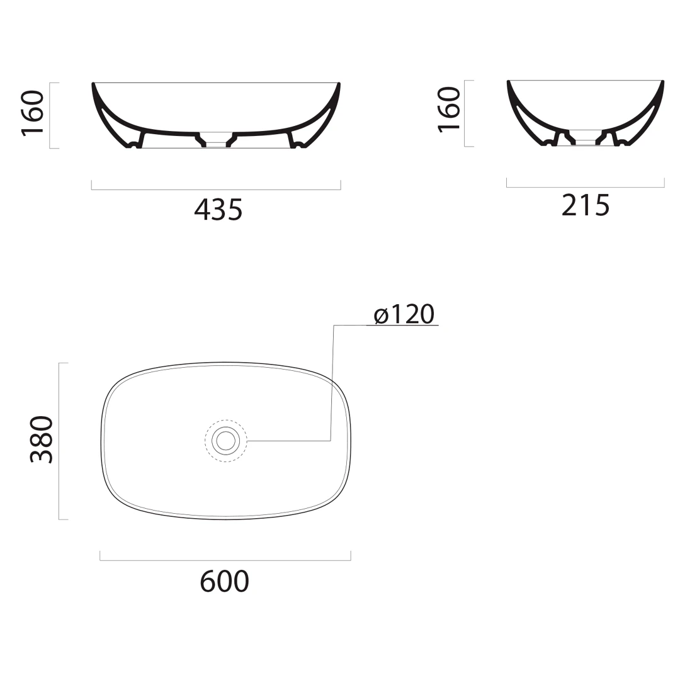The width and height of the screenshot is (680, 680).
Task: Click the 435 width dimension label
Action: click(x=218, y=210)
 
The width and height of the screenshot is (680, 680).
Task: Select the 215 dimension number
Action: click(x=586, y=205)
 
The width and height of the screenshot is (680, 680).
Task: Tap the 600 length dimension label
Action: click(x=225, y=582)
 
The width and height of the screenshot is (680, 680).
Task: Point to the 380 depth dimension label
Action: click(x=42, y=439)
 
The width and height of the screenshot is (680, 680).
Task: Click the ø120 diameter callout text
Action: click(x=404, y=314)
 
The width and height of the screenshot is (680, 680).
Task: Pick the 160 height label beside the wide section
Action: click(x=33, y=113)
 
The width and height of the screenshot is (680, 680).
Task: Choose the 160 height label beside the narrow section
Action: click(x=449, y=110)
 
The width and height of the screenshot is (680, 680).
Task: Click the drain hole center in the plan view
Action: click(x=226, y=441)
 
